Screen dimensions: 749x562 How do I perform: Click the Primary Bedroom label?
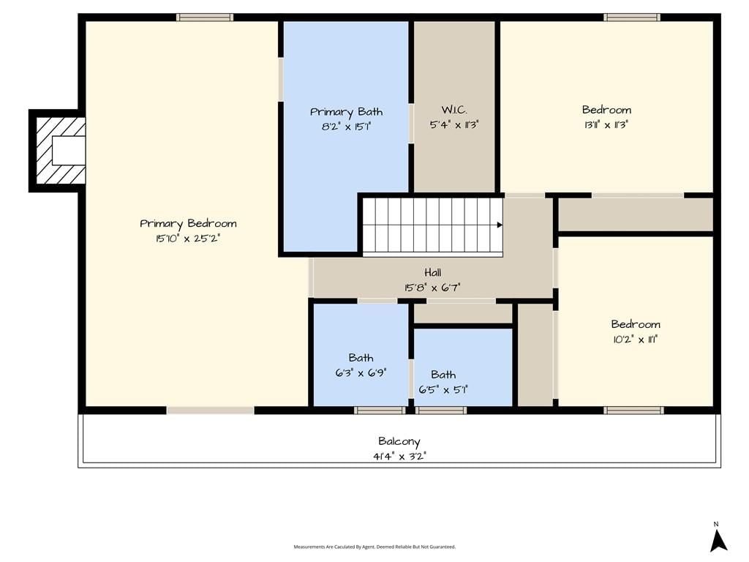pos(188,224)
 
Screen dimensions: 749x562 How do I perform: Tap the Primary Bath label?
pos(346,112)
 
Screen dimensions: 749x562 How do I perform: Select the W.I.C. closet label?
pos(454,110)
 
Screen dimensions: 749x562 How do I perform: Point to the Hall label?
pos(433,272)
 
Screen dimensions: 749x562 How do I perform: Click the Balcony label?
pos(399,441)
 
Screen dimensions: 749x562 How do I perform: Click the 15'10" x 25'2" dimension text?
pos(188,238)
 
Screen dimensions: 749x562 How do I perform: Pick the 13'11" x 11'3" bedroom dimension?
pos(606,124)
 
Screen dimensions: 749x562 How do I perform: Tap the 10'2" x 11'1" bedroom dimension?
pos(636,340)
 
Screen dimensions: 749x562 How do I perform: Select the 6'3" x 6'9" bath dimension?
pos(361,372)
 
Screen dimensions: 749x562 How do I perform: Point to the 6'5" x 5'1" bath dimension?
pos(443,389)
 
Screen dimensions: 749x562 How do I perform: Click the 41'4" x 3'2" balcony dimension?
pos(399,456)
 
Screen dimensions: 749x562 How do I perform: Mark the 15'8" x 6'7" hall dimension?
pos(432,287)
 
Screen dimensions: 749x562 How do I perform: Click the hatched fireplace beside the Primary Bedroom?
pos(57,151)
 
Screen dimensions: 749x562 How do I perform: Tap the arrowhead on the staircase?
pos(500,225)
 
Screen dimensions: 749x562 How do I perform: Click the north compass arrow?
pos(718,541)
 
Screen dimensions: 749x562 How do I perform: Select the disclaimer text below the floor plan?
pos(374,547)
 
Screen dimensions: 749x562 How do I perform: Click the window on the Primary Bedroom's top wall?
pos(205,18)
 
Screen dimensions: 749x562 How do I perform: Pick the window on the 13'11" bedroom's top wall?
pos(632,18)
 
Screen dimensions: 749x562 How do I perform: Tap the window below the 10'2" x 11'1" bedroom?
pos(633,410)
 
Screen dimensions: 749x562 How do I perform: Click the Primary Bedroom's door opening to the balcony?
pos(210,411)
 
